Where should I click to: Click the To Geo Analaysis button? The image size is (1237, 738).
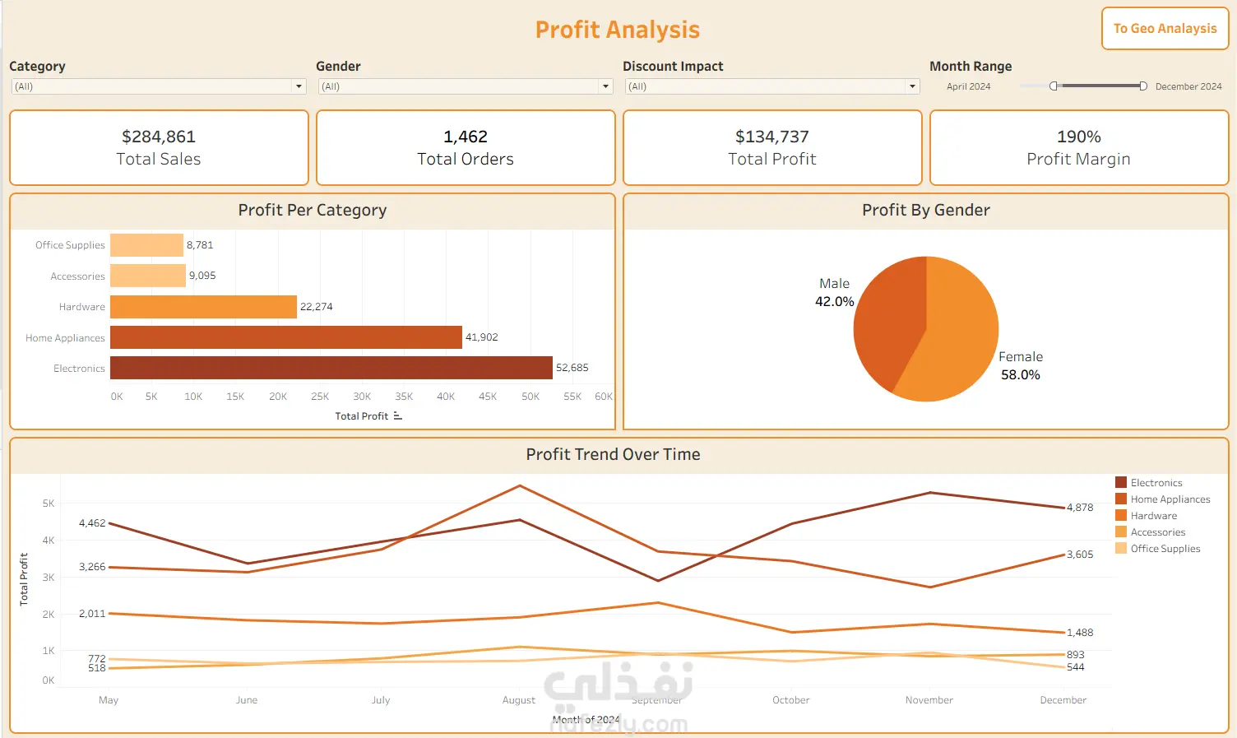[1165, 29]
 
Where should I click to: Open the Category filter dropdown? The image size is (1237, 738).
[299, 86]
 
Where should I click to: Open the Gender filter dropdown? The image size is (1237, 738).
[605, 86]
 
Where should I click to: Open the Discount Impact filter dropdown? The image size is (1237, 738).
[912, 86]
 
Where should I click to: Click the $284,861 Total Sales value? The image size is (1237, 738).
[159, 137]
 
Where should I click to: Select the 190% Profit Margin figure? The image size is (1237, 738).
[1078, 137]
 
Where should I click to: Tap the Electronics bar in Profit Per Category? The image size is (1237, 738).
[331, 368]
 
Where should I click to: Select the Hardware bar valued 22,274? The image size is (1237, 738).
[203, 307]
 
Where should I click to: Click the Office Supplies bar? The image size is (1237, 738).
[146, 245]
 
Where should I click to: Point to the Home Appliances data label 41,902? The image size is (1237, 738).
[482, 337]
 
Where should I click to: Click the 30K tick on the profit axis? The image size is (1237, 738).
[362, 397]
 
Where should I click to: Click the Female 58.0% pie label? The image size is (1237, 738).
[1020, 366]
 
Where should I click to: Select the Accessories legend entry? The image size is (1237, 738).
[1157, 532]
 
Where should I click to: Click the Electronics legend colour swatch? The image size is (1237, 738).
[1121, 483]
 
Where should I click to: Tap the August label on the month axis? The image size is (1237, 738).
[519, 700]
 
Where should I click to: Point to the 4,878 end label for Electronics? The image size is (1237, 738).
[1080, 508]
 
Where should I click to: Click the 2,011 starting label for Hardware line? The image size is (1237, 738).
[92, 614]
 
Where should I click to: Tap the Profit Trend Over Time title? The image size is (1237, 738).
[613, 455]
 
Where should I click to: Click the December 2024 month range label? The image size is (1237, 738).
[1188, 86]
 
